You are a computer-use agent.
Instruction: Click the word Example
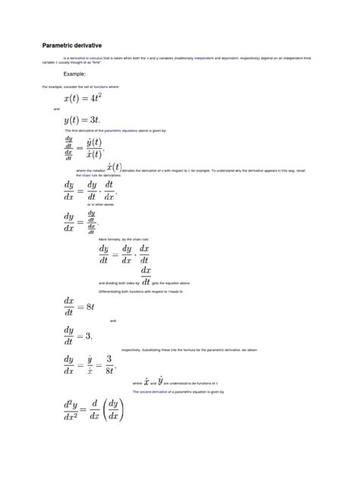tap(74, 74)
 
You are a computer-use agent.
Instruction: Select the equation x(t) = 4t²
tap(83, 99)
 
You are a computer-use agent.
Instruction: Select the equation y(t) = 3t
tap(81, 120)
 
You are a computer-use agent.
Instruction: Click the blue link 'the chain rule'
tap(74, 175)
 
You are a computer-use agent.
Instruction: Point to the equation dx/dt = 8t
tap(79, 306)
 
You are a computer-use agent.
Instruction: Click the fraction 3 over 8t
tap(109, 364)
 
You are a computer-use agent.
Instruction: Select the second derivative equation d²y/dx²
tap(92, 410)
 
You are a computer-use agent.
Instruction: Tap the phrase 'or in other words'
tap(100, 204)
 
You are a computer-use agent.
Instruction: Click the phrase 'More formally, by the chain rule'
tap(124, 239)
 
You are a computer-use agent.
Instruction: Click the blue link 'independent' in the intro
tap(204, 57)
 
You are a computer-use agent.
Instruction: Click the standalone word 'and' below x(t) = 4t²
tap(56, 109)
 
